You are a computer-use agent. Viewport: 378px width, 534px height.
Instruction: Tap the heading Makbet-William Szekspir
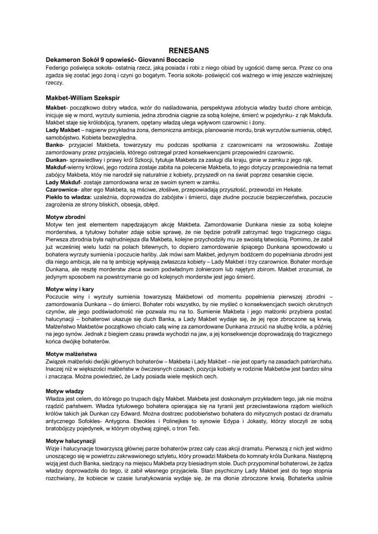click(x=83, y=98)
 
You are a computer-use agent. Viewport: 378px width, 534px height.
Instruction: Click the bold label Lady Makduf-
click(x=64, y=181)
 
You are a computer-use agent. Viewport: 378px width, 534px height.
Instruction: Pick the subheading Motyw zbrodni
click(x=66, y=216)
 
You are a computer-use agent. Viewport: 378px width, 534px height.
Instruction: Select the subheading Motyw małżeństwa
click(x=71, y=354)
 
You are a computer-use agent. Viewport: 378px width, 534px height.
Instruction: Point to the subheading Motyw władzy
click(x=65, y=391)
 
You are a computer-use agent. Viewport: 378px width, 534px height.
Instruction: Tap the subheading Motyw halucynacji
click(x=70, y=441)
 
